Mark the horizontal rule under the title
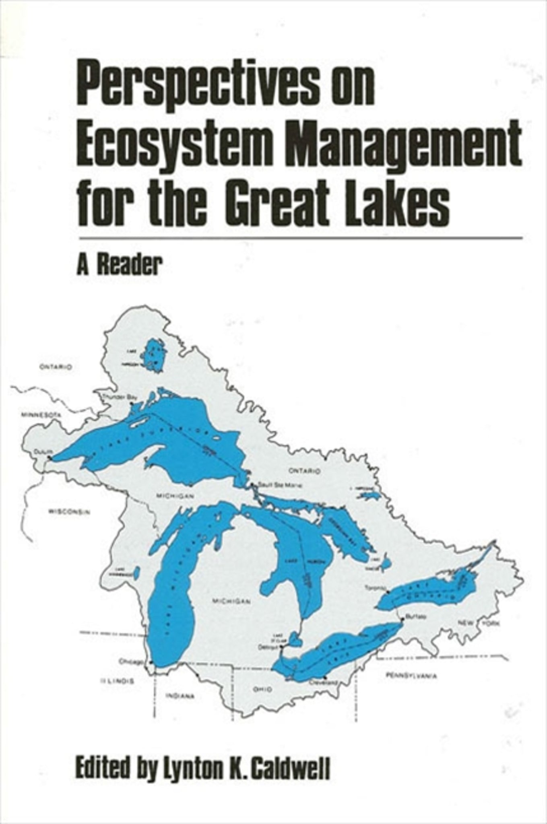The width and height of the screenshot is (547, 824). pos(300,239)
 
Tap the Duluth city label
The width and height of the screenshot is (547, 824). pos(39,451)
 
